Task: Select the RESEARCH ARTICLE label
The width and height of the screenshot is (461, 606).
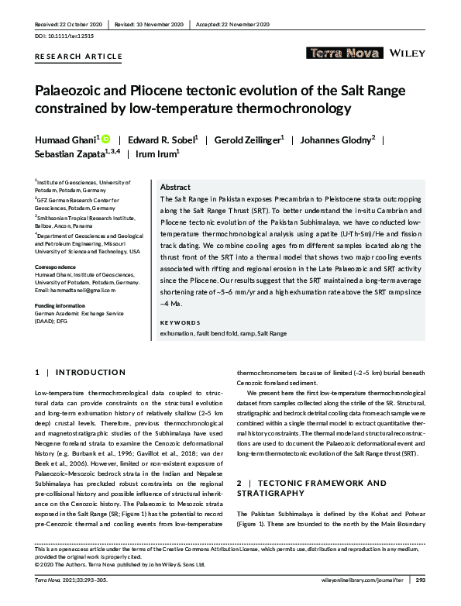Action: (x=79, y=57)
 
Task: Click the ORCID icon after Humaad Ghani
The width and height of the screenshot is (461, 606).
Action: (x=105, y=139)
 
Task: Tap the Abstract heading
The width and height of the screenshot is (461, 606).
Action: (x=175, y=188)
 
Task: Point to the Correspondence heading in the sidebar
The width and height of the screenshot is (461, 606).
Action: (x=60, y=267)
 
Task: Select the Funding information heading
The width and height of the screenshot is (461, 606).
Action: (x=67, y=306)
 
